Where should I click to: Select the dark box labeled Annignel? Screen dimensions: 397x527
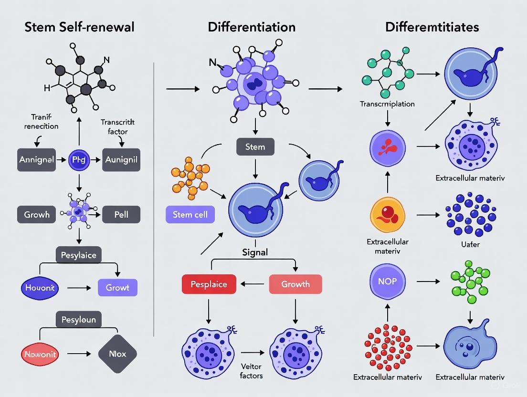coord(37,159)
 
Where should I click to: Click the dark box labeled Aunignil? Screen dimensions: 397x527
coord(121,159)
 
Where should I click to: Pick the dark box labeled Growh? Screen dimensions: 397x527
coord(37,214)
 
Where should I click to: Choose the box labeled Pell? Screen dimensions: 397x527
coord(121,214)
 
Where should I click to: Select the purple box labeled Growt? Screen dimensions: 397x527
coord(117,288)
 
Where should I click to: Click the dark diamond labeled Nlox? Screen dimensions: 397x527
coord(117,354)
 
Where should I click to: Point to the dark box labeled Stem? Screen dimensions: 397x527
coord(255,146)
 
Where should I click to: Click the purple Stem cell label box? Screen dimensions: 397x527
coord(190,214)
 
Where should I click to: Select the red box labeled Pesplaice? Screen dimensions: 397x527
coord(209,284)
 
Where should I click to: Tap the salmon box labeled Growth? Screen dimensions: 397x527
coord(295,284)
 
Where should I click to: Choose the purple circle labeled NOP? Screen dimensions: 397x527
coord(387,281)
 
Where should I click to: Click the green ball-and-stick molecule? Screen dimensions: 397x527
coord(470,282)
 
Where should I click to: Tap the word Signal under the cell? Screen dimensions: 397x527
coord(255,252)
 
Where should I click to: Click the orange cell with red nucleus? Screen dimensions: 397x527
coord(387,215)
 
